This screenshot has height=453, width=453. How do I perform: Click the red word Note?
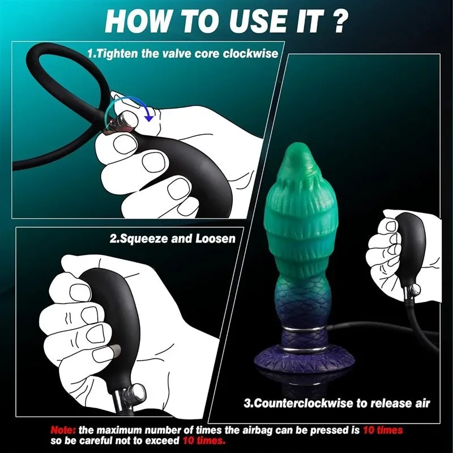(x=64, y=430)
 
